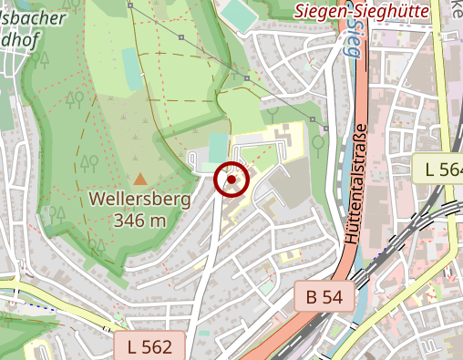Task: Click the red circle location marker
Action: pyautogui.click(x=231, y=180)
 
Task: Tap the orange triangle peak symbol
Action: pyautogui.click(x=139, y=180)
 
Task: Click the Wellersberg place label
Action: pyautogui.click(x=139, y=200)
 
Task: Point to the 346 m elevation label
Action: pyautogui.click(x=139, y=220)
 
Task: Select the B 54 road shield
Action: pyautogui.click(x=324, y=296)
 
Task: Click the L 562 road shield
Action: pyautogui.click(x=149, y=345)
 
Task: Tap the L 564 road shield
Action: pyautogui.click(x=441, y=169)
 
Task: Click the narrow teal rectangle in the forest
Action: pyautogui.click(x=132, y=73)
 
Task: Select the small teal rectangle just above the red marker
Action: pyautogui.click(x=216, y=146)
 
